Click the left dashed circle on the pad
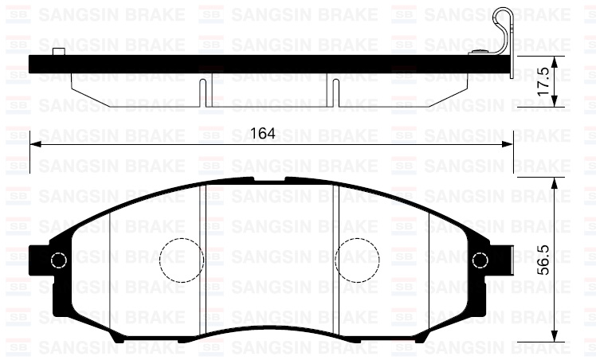click(x=181, y=260)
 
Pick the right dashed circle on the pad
click(x=356, y=260)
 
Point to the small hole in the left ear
click(x=57, y=260)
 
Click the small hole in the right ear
click(x=480, y=260)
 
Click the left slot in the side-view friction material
click(x=205, y=92)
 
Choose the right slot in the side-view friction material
click(x=335, y=92)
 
